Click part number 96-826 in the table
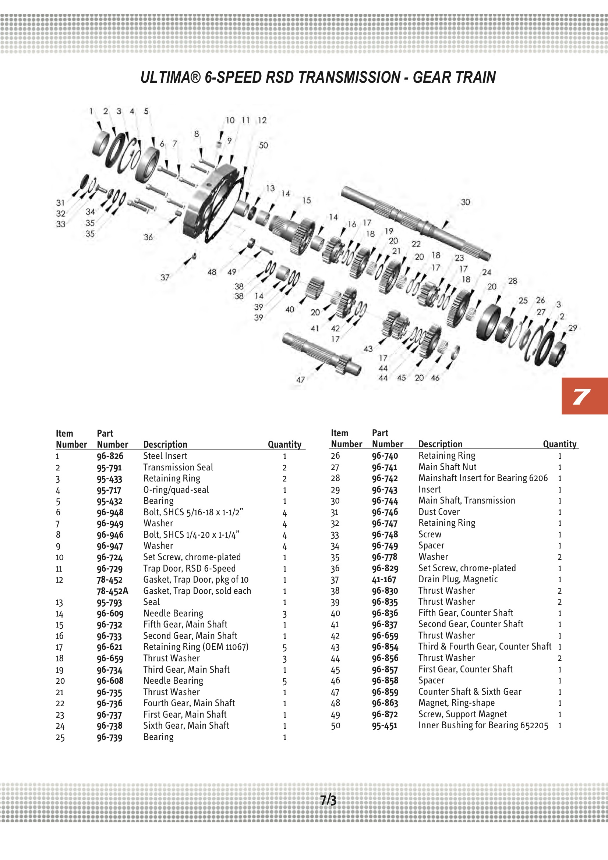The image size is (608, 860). (x=110, y=456)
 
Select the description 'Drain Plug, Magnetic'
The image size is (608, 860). (x=458, y=579)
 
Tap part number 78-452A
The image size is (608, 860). (x=112, y=591)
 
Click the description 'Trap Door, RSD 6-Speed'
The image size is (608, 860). (x=189, y=568)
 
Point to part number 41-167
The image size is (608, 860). (x=384, y=579)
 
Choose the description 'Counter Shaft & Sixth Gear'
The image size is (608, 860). (x=470, y=692)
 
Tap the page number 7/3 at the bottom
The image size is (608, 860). (x=328, y=800)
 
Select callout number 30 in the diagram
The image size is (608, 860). (x=465, y=202)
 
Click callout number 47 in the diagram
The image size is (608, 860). (x=300, y=380)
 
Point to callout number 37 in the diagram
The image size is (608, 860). (x=165, y=278)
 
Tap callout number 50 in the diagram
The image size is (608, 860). (x=264, y=145)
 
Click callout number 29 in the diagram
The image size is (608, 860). (x=572, y=328)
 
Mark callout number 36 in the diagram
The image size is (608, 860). (x=148, y=237)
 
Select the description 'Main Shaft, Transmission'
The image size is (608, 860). (x=467, y=500)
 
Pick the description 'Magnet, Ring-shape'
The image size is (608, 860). (x=456, y=703)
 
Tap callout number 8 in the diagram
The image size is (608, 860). (x=197, y=134)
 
